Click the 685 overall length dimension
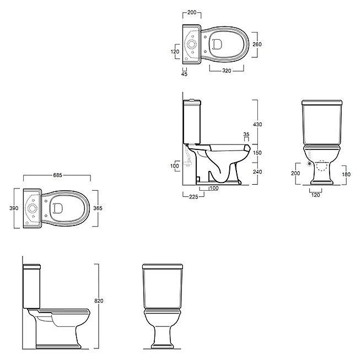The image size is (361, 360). tap(57, 175)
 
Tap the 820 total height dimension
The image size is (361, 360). tap(99, 301)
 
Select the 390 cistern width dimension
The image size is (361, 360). tap(14, 208)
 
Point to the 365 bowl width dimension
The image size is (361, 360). tap(98, 208)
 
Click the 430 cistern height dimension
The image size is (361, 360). tap(257, 125)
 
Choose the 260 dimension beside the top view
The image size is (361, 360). tap(257, 44)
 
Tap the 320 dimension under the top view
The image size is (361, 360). tap(227, 71)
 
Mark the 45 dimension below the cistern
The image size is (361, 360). tap(184, 74)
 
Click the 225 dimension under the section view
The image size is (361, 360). tap(193, 197)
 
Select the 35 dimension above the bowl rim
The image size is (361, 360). tap(246, 135)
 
